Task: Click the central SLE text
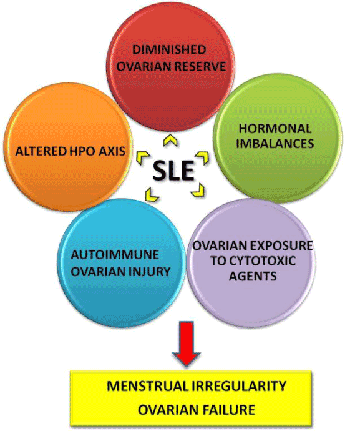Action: point(173,171)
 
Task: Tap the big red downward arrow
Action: point(187,343)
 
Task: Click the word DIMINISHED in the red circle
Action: point(169,50)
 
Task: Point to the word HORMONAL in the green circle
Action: point(275,129)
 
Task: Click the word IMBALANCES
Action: point(275,144)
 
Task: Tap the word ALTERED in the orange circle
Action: point(41,151)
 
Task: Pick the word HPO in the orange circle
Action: point(82,151)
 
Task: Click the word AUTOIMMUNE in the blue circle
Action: point(115,255)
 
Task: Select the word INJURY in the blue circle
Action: point(148,272)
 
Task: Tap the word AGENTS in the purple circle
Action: point(253,275)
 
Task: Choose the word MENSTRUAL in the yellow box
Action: point(147,386)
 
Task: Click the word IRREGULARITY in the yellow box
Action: point(238,386)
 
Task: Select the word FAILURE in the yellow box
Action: point(229,410)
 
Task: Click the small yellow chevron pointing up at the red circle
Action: point(170,141)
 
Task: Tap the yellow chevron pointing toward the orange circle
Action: point(142,158)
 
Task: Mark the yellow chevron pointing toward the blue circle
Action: point(152,194)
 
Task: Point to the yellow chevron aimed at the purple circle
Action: point(198,190)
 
